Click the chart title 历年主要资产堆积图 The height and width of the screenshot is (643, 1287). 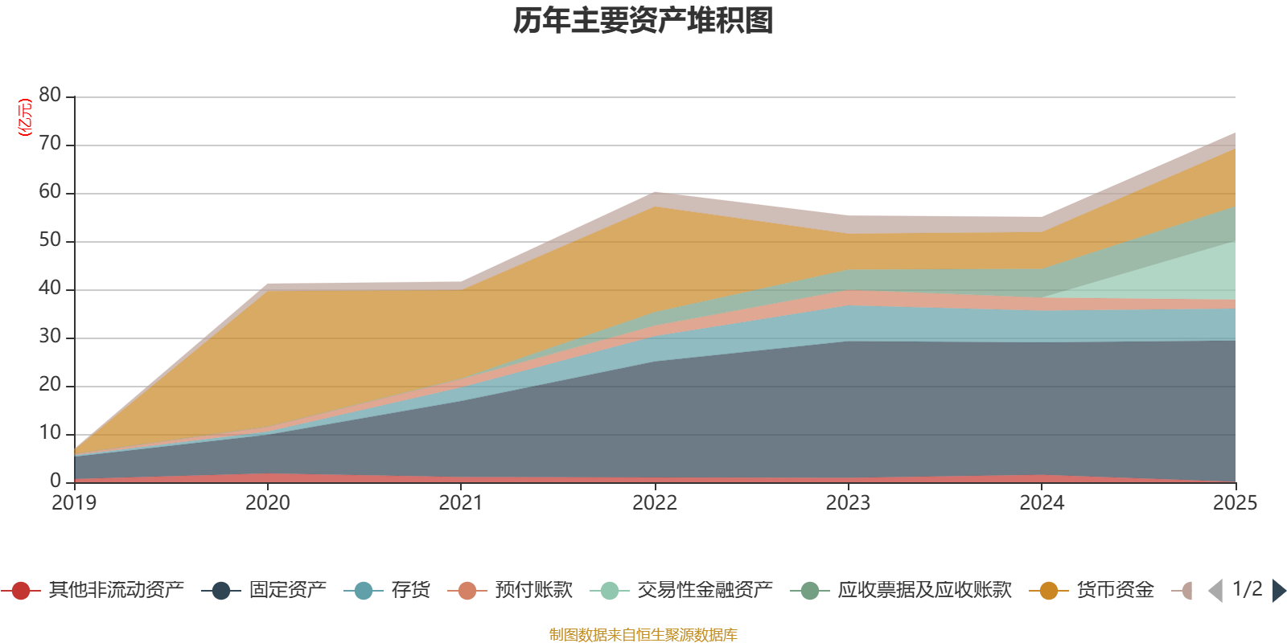pos(643,21)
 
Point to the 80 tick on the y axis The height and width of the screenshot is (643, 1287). pos(50,96)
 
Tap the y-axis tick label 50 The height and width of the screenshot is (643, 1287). pos(50,240)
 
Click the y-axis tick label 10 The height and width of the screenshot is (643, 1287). pos(50,433)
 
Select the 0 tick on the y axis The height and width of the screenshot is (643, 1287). pos(56,481)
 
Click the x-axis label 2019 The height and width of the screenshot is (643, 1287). pos(74,503)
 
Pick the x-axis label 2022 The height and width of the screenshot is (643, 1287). pos(655,503)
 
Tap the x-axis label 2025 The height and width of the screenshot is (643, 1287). pos(1235,503)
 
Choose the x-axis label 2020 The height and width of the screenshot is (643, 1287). pos(268,503)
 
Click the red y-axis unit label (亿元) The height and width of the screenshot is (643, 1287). pos(25,117)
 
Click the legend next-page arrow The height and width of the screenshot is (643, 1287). pos(1278,591)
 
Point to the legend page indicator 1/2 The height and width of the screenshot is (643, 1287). pos(1247,589)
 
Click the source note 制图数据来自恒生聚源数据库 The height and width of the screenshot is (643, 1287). pos(643,635)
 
